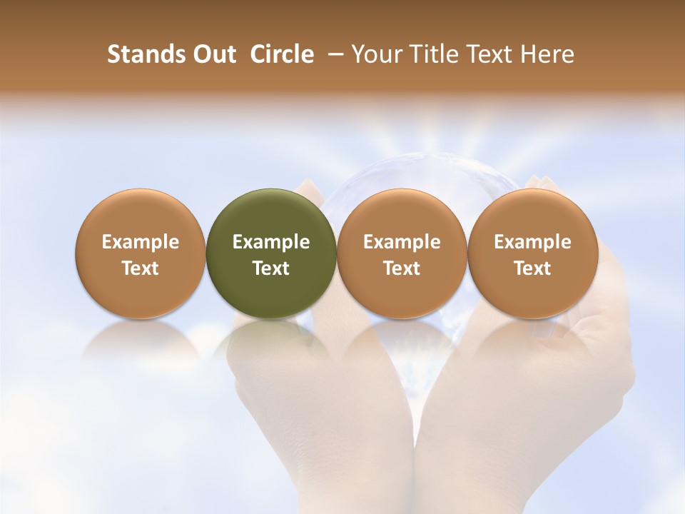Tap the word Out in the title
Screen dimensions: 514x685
coord(213,54)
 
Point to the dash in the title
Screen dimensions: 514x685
coord(333,54)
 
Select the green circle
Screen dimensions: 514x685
coord(271,214)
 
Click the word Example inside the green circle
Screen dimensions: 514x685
coord(271,242)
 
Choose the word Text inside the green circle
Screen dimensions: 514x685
coord(271,268)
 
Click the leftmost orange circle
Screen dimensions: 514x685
coord(141,214)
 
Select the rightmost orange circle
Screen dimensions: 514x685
coord(532,214)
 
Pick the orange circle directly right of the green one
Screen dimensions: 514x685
coord(402,214)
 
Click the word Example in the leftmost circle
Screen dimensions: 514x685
coord(141,242)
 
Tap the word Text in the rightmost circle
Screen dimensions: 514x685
coord(532,268)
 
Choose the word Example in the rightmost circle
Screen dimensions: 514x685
coord(532,242)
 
